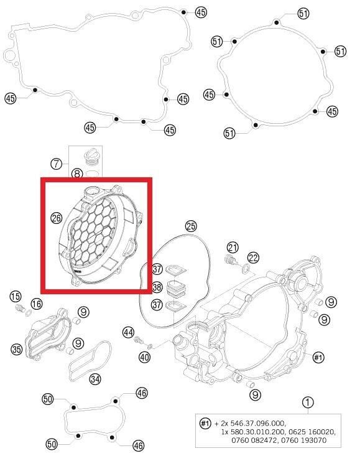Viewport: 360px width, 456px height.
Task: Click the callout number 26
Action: tap(57, 218)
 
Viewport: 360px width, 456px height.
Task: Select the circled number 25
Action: tap(191, 226)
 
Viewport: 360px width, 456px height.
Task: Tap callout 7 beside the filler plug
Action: tap(57, 164)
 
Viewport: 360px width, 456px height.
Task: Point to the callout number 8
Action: tap(77, 174)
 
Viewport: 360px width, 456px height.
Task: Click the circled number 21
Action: tap(233, 248)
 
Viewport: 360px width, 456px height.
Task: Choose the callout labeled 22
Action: tap(253, 258)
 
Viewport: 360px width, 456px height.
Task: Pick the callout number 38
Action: tap(157, 287)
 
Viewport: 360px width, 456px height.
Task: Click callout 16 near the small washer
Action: tap(37, 304)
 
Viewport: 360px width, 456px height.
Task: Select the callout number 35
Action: tap(17, 349)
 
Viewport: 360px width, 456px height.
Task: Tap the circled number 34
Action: tap(95, 378)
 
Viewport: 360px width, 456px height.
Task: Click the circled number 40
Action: tap(144, 357)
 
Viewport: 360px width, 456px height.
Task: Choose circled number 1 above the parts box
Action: tap(307, 402)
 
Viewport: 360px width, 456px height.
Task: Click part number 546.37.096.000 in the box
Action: tap(256, 422)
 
